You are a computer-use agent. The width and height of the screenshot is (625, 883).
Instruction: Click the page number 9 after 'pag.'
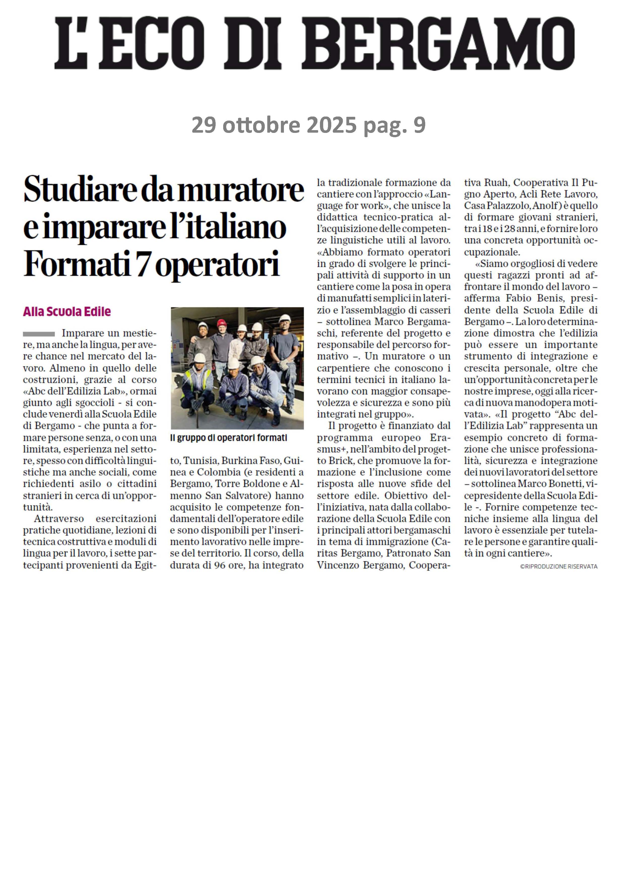(x=419, y=125)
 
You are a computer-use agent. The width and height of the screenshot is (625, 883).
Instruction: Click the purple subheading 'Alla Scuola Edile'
(x=67, y=312)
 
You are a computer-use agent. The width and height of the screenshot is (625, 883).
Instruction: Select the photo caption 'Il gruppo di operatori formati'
(x=228, y=438)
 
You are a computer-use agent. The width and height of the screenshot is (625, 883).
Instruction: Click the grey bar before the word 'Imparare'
(x=39, y=334)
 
